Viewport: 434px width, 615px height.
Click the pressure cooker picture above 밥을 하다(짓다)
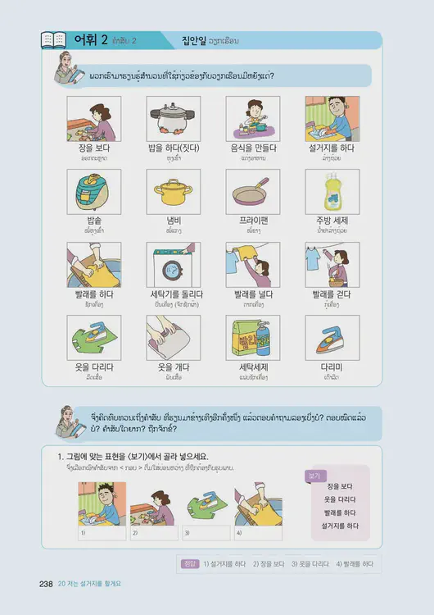(173, 119)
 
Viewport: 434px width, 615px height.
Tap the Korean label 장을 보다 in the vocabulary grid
(93, 148)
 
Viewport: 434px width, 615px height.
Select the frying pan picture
(252, 192)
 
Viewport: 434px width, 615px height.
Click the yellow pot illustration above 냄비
(173, 192)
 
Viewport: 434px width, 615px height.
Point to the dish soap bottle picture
(332, 192)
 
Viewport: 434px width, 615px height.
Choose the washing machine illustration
(173, 264)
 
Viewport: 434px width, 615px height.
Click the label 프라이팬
(252, 221)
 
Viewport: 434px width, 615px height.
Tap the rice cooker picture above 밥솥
(93, 192)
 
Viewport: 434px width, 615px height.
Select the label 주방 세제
(332, 221)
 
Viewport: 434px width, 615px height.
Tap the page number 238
(45, 583)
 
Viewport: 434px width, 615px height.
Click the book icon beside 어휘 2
(53, 40)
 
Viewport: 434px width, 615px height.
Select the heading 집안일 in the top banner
(197, 40)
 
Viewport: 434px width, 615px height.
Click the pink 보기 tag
(315, 475)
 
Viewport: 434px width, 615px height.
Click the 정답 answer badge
(189, 564)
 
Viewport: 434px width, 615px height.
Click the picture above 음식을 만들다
(252, 119)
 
